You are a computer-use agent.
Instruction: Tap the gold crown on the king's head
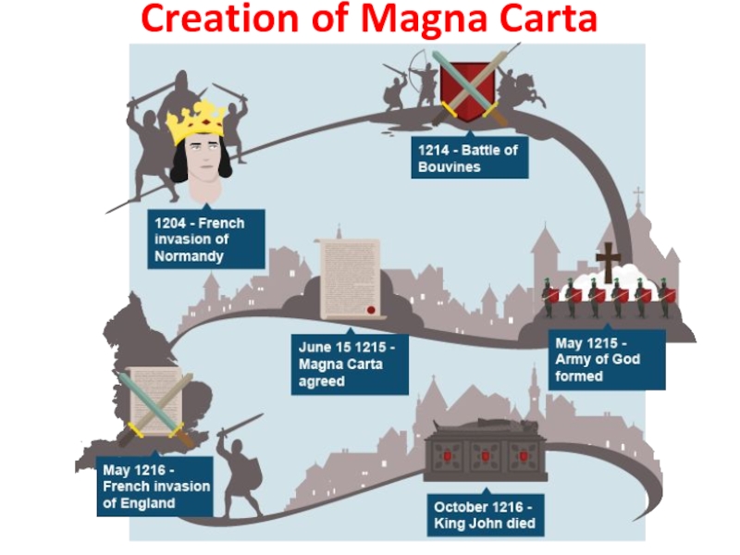click(197, 121)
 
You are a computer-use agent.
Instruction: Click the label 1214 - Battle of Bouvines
click(470, 158)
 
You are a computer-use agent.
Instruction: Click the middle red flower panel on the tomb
click(484, 455)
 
